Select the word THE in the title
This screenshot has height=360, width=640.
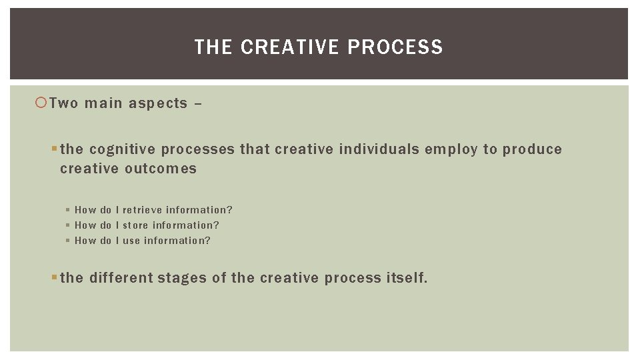pyautogui.click(x=213, y=47)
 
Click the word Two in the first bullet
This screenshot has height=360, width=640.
pyautogui.click(x=64, y=103)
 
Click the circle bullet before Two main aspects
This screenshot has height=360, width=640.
pyautogui.click(x=42, y=103)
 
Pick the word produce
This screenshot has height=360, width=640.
pyautogui.click(x=533, y=149)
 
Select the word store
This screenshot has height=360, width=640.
pyautogui.click(x=135, y=225)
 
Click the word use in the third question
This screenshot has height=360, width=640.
pyautogui.click(x=131, y=241)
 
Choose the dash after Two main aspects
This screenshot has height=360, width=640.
pyautogui.click(x=198, y=103)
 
